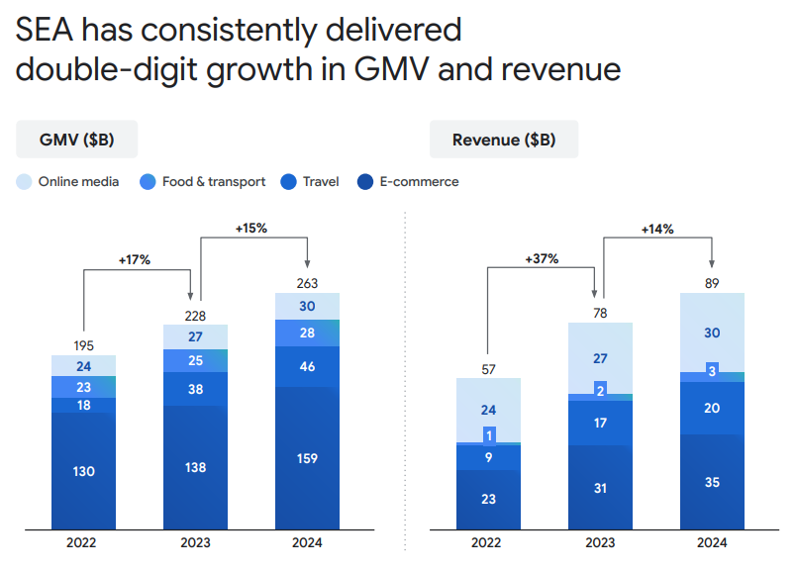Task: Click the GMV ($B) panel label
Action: (76, 140)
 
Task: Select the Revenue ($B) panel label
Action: (503, 140)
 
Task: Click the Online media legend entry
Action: (68, 181)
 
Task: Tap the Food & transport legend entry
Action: (205, 181)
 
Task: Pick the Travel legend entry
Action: (311, 181)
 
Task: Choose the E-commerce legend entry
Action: (409, 181)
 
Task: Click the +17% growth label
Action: (136, 260)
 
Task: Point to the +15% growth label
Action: (251, 229)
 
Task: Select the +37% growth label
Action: (542, 259)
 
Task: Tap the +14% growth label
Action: (657, 229)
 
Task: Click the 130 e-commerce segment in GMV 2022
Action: (84, 471)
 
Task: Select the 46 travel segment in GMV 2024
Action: (308, 366)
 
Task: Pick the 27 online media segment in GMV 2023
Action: (196, 336)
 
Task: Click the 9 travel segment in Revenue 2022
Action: (488, 457)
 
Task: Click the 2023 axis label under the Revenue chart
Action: (600, 543)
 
